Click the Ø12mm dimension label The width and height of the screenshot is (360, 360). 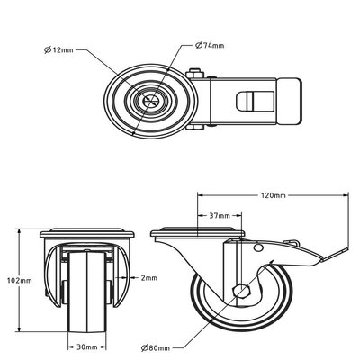point(58,49)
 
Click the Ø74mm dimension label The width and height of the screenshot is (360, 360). point(210,46)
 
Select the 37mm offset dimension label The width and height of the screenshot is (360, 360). point(220,216)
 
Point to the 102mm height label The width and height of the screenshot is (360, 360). point(19,281)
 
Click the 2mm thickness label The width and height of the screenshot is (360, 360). point(149,278)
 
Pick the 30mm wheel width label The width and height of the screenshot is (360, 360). point(87,347)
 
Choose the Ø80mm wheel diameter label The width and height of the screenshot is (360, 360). point(156,348)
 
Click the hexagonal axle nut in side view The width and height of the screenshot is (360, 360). point(241,291)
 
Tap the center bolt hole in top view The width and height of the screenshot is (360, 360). point(151,101)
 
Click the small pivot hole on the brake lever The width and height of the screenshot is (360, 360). point(257,247)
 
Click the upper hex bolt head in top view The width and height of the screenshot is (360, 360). point(194,73)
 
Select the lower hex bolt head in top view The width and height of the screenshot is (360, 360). point(195,127)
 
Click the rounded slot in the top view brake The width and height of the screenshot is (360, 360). point(255,101)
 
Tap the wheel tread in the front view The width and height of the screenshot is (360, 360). point(87,292)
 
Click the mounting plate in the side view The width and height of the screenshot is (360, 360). point(197,233)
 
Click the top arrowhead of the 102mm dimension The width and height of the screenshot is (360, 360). point(20,232)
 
